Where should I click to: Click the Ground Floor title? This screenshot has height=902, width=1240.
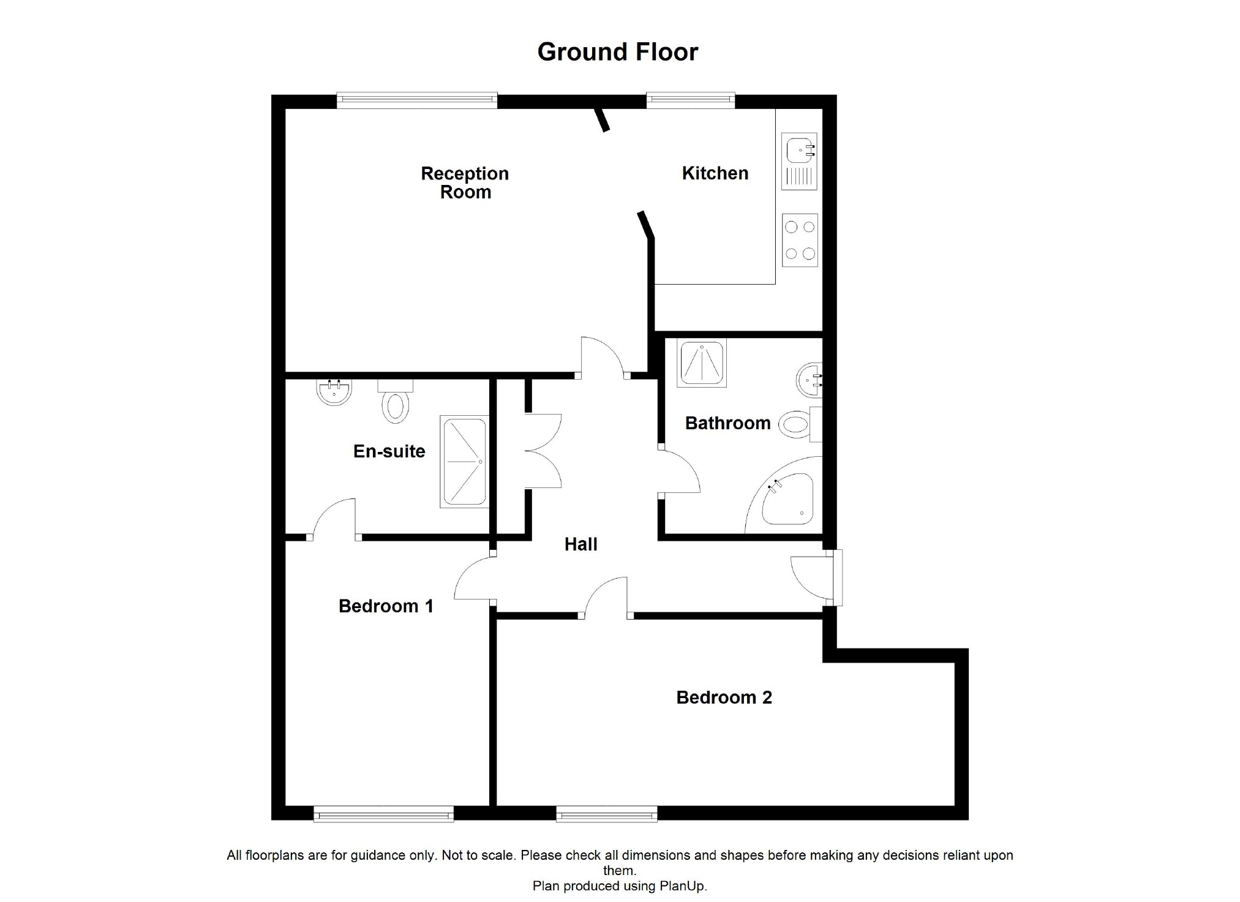[x=617, y=52]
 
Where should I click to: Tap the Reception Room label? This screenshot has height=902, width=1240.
[x=465, y=182]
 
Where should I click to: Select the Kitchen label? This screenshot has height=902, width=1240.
[x=715, y=173]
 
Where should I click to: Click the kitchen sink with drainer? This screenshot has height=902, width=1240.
[x=799, y=161]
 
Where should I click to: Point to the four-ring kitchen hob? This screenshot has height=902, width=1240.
[x=800, y=240]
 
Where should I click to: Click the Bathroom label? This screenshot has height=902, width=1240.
[x=727, y=423]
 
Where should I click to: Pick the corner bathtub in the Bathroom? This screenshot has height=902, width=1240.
[x=787, y=500]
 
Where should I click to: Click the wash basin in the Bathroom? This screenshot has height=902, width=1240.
[x=810, y=380]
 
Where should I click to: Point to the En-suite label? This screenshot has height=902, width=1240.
[x=389, y=451]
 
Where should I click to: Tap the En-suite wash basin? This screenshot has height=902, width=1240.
[x=334, y=392]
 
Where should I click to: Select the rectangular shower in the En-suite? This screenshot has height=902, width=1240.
[x=464, y=462]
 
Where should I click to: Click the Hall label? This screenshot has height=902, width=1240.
[x=581, y=544]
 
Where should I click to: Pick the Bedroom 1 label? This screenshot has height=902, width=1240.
[x=386, y=606]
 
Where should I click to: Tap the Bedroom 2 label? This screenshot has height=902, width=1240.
[x=724, y=697]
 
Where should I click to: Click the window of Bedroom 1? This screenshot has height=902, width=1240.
[x=383, y=814]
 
